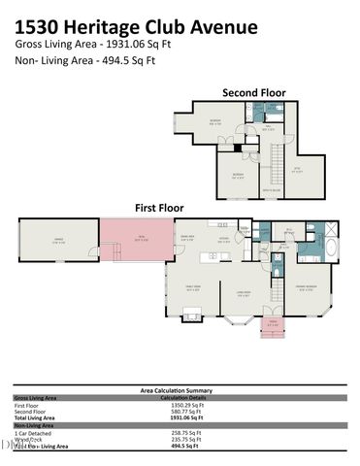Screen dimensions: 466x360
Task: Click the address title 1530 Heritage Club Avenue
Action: [137, 26]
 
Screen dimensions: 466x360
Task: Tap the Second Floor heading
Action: [254, 93]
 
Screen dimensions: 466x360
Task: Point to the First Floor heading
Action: [158, 208]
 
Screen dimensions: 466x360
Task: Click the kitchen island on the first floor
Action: [212, 256]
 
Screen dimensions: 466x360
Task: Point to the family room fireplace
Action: [193, 313]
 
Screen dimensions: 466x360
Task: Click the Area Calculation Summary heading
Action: [180, 390]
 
